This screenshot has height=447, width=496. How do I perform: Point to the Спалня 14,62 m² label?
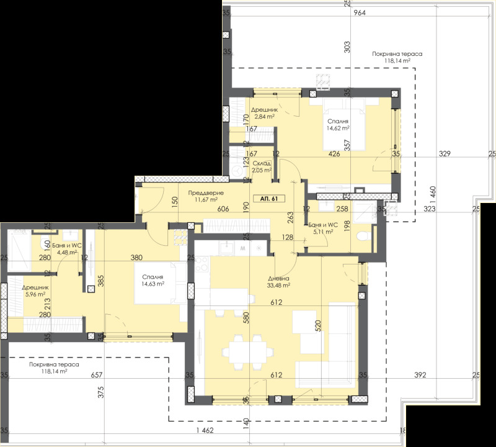338,125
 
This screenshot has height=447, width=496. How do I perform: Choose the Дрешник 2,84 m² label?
263,112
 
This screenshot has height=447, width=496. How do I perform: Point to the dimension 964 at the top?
358,13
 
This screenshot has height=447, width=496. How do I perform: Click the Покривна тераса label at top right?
397,58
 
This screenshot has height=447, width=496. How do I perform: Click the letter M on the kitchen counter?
242,247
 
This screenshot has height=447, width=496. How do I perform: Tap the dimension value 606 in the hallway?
224,210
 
